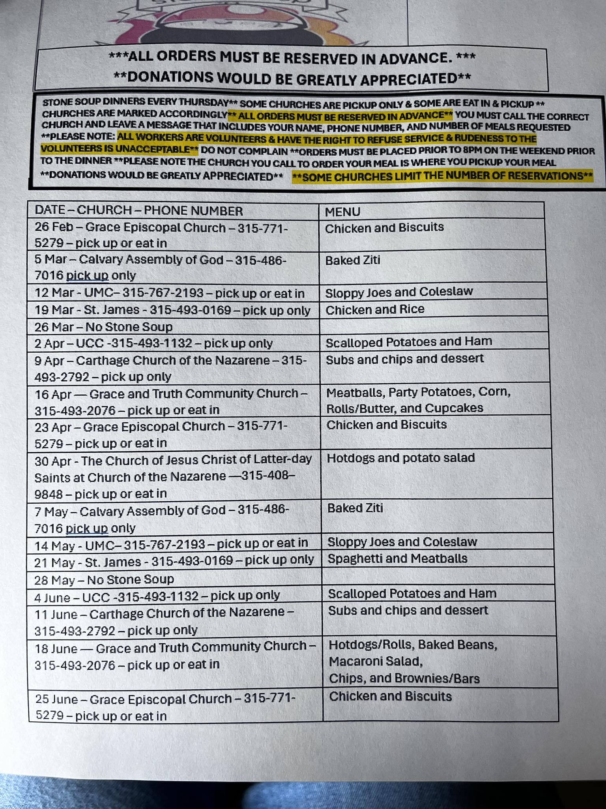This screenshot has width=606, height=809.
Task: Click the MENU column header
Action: click(x=342, y=212)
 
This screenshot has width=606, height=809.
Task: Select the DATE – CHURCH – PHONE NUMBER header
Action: click(x=138, y=211)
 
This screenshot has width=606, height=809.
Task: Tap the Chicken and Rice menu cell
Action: click(x=375, y=309)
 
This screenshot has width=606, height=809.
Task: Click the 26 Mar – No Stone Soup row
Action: click(x=104, y=327)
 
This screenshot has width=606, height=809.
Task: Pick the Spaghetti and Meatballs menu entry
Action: click(x=397, y=559)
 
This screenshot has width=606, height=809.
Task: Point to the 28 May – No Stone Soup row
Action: click(x=104, y=579)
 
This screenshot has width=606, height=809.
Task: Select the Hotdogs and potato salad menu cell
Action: click(x=401, y=458)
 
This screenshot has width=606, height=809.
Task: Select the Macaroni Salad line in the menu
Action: click(x=376, y=661)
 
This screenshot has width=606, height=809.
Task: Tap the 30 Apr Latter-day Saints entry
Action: click(x=173, y=477)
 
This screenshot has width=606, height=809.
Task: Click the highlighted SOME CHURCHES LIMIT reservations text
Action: click(x=442, y=176)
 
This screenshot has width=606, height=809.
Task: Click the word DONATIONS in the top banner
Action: click(x=170, y=77)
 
